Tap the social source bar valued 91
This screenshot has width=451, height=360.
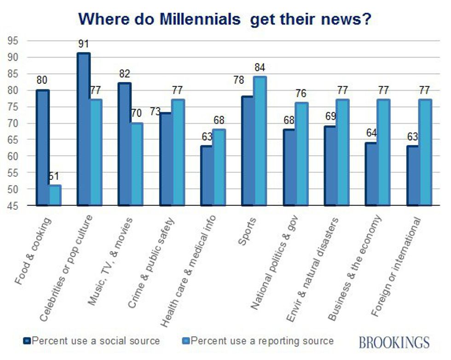point(84,129)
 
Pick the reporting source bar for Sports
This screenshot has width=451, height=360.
point(260,141)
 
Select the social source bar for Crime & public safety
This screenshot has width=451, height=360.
point(166,159)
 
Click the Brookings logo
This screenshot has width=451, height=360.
point(394,342)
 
